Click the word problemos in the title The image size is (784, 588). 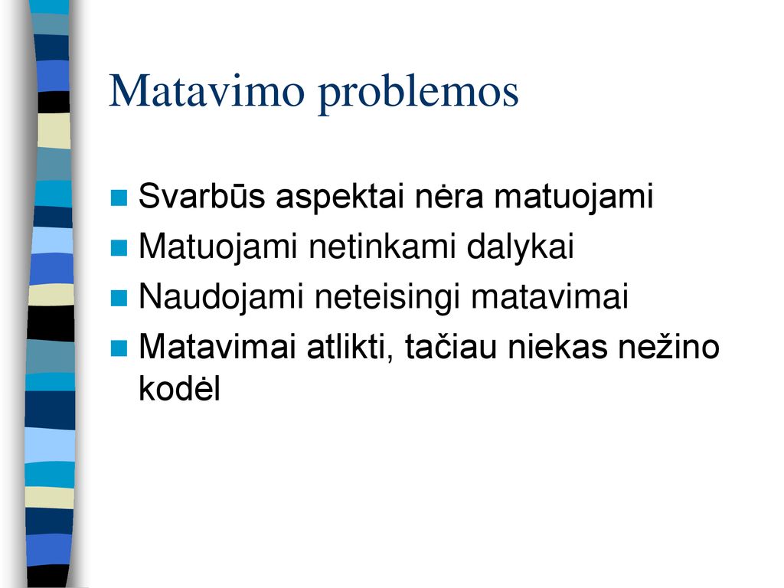coord(419,93)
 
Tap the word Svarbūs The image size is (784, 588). coord(201,195)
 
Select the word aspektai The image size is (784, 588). coord(339,198)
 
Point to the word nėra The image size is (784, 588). coord(449,197)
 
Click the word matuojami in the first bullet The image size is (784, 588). coord(573,198)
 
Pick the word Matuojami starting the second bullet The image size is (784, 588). coord(218,247)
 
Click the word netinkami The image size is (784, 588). coord(381,246)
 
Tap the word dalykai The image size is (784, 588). coord(520,247)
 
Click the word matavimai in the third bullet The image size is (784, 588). coord(550,296)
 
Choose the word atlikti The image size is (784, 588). coord(350,347)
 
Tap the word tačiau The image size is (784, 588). coord(450,346)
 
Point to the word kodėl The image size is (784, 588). coord(179,387)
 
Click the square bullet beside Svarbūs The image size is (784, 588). coord(119,198)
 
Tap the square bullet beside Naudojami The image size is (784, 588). coord(119,298)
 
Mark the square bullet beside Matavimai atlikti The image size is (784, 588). coord(119,348)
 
